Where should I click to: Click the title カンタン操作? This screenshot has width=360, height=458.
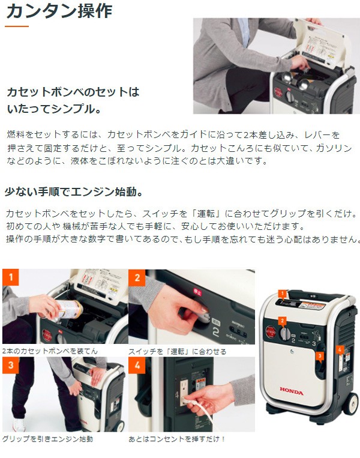point(58,11)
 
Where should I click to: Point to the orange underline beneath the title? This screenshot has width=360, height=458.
point(17,26)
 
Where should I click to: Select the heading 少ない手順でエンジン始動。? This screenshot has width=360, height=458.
point(74,192)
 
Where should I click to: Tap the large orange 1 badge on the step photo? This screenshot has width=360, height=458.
point(10,277)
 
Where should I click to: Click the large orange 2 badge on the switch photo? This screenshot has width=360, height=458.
point(137,277)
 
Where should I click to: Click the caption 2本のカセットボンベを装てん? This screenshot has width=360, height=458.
point(50,351)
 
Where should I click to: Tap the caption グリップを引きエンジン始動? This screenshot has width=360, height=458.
point(47,439)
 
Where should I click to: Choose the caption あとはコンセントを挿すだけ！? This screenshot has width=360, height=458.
point(177,439)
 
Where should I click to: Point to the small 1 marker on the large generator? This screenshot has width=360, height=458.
point(280,294)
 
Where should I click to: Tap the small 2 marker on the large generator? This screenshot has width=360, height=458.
point(281,321)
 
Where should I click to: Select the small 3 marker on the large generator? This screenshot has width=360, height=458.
point(320,355)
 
